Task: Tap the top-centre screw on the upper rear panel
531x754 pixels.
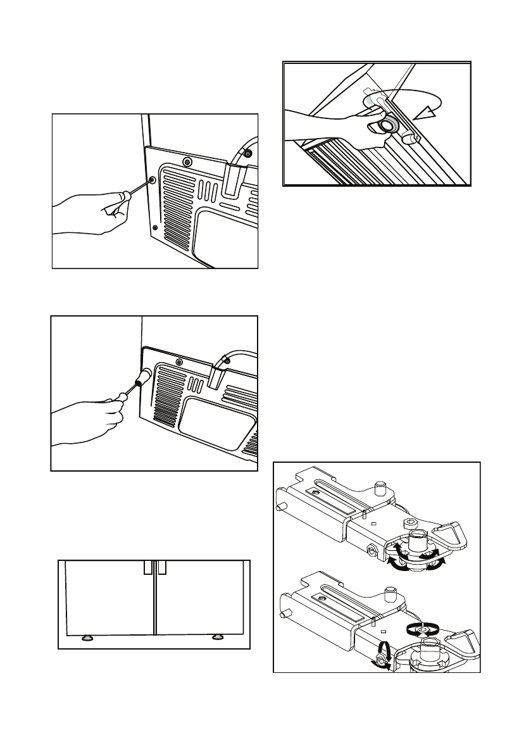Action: [186, 162]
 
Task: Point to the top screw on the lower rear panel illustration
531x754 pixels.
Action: [180, 362]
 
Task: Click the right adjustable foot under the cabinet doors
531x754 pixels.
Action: [218, 637]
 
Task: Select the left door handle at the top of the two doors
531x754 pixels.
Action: [147, 567]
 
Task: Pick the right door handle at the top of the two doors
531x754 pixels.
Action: [161, 567]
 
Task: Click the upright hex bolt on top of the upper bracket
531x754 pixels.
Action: [381, 488]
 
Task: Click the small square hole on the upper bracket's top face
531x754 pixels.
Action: [373, 524]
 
